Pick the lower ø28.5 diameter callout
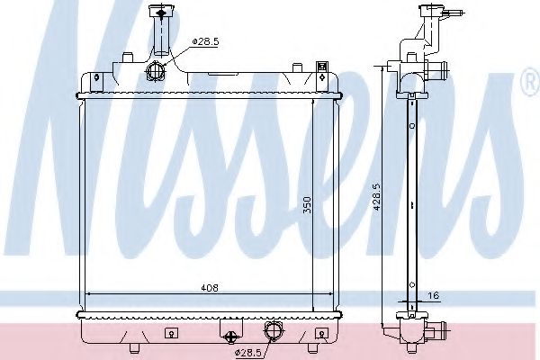click(248, 351)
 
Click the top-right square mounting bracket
click(322, 65)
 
